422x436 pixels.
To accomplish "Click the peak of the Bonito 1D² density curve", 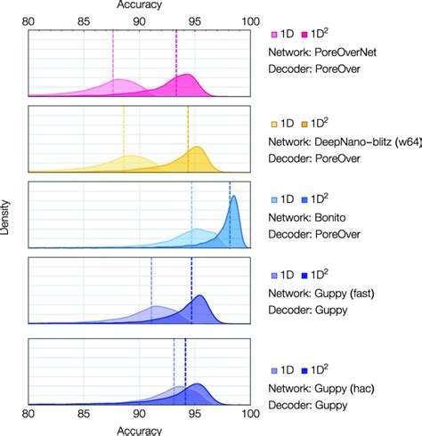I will coord(234,198).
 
